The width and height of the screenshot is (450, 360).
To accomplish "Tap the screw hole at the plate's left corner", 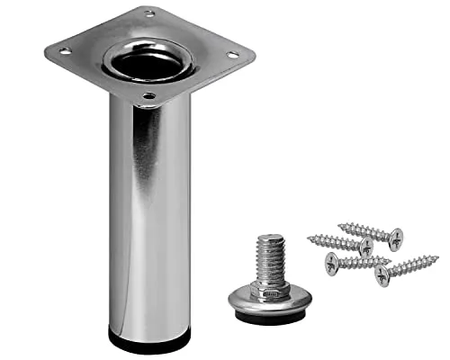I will click(65, 51).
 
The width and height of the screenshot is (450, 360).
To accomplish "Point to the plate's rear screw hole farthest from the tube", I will click(149, 13).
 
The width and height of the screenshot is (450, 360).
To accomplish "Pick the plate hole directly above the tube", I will click(149, 95).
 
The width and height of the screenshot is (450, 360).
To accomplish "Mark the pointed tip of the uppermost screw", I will click(340, 226).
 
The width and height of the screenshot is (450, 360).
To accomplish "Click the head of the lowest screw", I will click(382, 275).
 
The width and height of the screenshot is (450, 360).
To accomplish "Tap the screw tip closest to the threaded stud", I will click(309, 238).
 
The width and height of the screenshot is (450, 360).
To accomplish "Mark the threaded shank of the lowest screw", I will click(410, 267).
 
